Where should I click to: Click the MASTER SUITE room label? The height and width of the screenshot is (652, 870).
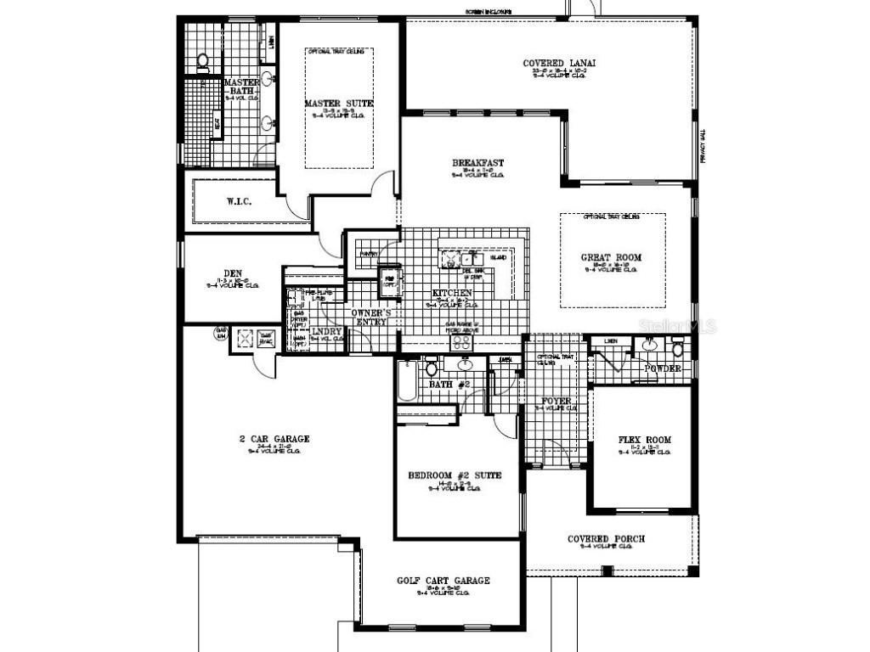(338, 104)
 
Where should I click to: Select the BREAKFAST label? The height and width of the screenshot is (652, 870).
(477, 163)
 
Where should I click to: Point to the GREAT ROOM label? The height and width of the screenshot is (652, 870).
(611, 257)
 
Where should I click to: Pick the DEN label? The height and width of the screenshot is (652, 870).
(233, 273)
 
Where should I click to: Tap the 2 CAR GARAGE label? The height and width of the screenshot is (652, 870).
(274, 439)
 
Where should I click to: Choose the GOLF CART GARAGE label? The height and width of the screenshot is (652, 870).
(443, 581)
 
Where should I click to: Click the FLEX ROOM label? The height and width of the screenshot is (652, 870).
(645, 440)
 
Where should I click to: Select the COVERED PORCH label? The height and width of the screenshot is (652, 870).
(606, 539)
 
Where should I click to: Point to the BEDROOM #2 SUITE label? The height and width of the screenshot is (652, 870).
(455, 475)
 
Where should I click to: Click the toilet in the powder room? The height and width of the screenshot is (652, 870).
(678, 349)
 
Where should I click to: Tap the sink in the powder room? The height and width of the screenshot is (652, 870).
(649, 345)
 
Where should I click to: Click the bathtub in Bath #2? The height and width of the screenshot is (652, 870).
(405, 380)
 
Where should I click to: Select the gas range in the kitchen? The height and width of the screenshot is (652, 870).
(461, 341)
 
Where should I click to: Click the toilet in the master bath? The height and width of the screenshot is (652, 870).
(203, 61)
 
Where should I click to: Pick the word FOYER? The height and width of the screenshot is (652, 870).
(556, 401)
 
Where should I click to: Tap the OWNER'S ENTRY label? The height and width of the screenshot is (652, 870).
(371, 318)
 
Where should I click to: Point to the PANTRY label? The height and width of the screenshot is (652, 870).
(368, 253)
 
